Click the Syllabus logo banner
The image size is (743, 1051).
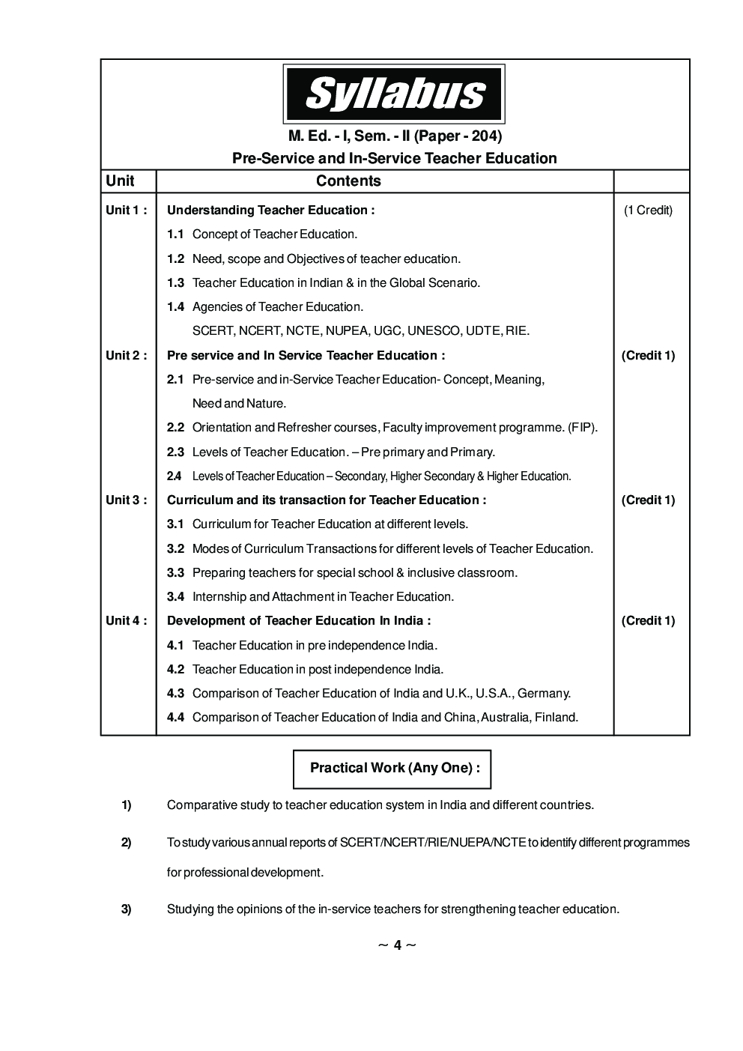point(393,94)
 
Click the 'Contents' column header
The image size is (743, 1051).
point(348,181)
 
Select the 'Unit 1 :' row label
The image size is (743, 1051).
point(126,210)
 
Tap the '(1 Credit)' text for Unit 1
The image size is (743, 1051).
point(648,210)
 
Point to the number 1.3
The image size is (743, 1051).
point(175,283)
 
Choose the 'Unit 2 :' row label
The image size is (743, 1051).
point(126,356)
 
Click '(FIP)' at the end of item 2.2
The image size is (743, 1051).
point(582,428)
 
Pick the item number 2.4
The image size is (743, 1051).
point(174,476)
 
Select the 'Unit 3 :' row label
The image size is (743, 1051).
point(126,500)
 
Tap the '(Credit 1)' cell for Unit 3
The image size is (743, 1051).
point(648,500)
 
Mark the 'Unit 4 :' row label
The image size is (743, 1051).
point(126,621)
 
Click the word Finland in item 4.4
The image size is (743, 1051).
point(556,718)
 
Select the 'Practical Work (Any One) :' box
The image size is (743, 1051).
point(392,769)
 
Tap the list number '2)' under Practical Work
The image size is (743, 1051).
point(127,843)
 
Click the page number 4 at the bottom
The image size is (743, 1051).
point(398,945)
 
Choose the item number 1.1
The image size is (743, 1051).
point(175,234)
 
